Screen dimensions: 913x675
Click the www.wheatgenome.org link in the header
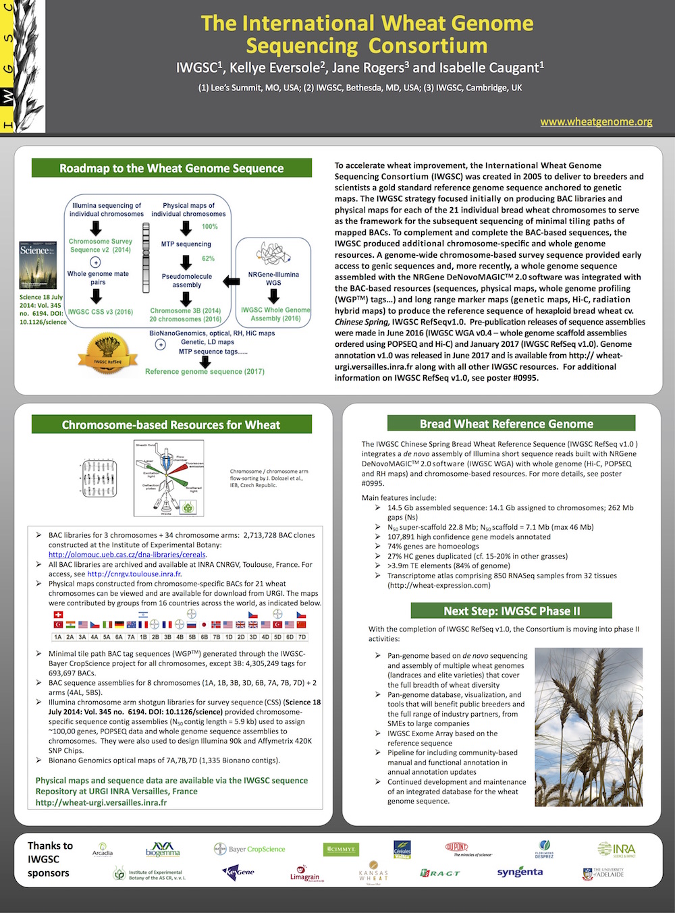pos(596,121)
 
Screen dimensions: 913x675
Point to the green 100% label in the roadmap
pos(210,227)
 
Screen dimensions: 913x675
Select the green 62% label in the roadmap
pos(209,258)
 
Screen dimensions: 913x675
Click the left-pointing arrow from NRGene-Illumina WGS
pos(231,280)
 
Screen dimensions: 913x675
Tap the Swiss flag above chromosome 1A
pos(58,615)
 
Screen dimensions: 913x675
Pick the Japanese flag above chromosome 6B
pos(204,625)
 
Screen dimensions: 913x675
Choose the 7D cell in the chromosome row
pos(302,636)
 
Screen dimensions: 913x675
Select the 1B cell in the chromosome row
pos(143,636)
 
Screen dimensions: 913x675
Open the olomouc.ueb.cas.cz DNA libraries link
pos(127,555)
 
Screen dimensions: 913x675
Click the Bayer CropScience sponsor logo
pos(250,849)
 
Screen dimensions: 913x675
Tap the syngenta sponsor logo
pos(520,872)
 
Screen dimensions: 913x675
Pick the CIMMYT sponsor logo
pos(340,850)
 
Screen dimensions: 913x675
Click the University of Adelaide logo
pos(603,873)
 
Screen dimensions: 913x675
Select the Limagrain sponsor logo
pos(304,874)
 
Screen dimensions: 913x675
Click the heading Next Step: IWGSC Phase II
pos(511,611)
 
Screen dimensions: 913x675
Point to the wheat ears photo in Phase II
pos(588,727)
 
